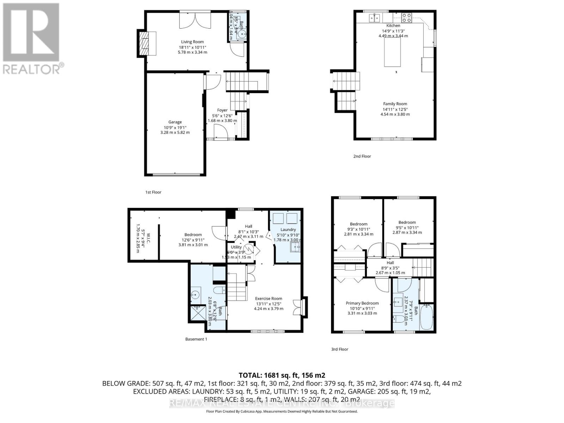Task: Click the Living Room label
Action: (x=192, y=42)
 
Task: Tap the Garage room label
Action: (x=175, y=122)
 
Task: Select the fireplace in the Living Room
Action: (x=147, y=43)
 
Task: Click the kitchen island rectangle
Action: (x=392, y=53)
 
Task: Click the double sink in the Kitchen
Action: (x=374, y=17)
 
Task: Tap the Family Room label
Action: (x=395, y=104)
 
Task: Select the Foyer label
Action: (x=222, y=110)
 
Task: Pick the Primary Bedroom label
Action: (x=362, y=303)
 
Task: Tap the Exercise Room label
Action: (x=269, y=299)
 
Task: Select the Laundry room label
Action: (x=288, y=229)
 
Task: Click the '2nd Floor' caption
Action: (x=362, y=156)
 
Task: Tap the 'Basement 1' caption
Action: (x=196, y=339)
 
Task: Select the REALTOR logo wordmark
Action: (x=33, y=69)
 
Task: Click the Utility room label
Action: (x=236, y=247)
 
